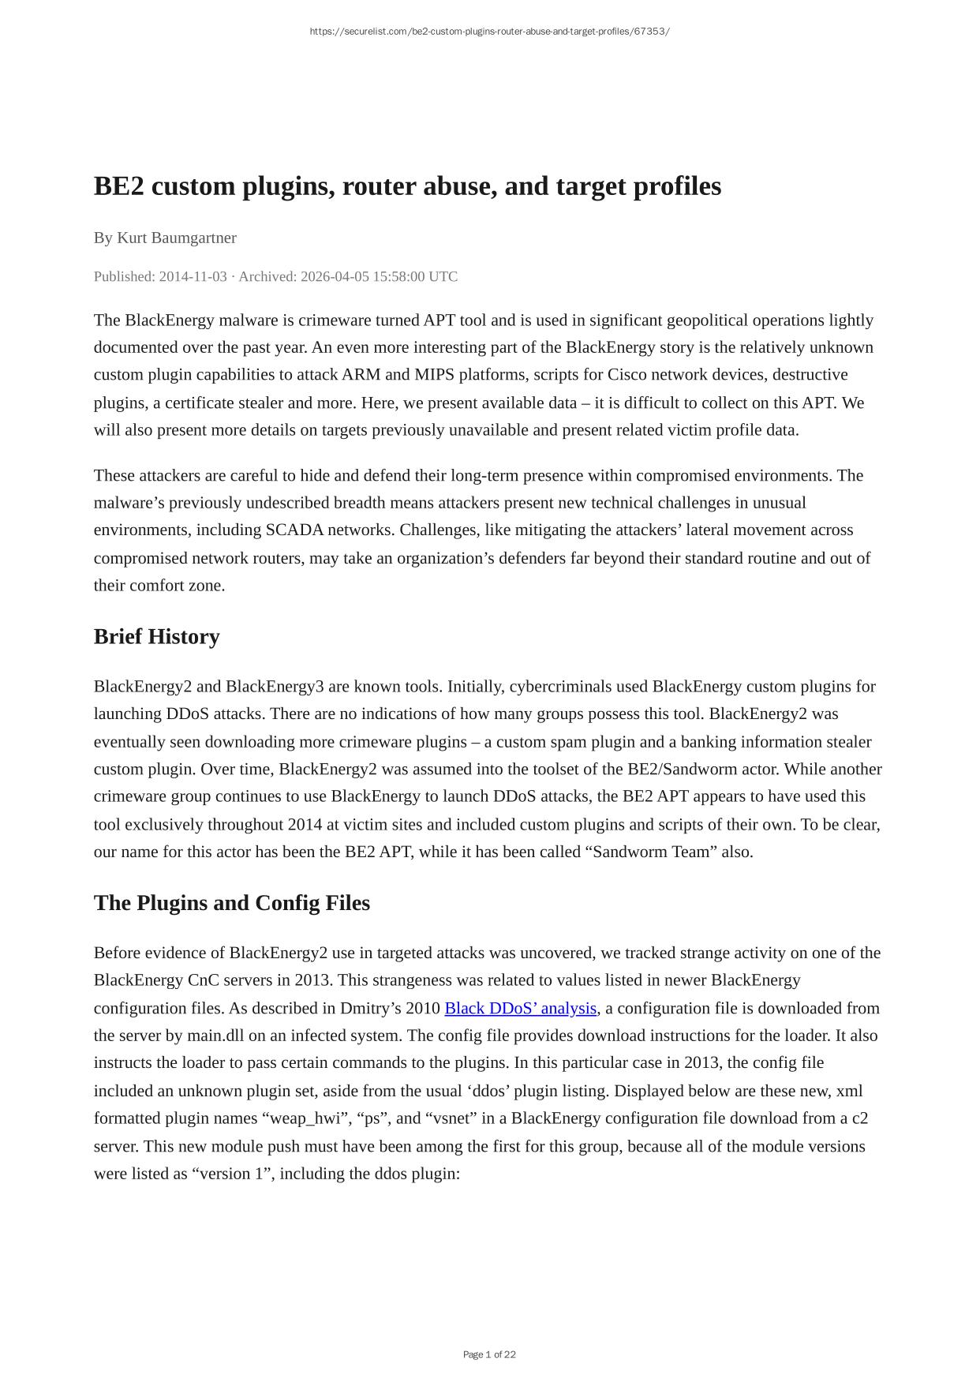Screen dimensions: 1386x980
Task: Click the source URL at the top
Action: (x=489, y=32)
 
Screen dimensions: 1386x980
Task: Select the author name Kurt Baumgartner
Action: (x=177, y=238)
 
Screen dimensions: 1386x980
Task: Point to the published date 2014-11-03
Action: (x=193, y=276)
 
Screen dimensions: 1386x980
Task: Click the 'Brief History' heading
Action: (x=156, y=636)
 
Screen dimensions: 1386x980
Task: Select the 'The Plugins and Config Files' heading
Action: (x=231, y=902)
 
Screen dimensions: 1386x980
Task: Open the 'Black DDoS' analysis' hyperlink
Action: (x=520, y=1008)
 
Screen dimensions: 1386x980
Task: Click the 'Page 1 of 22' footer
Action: (x=489, y=1354)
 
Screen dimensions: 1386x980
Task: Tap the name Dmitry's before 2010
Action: (x=372, y=1008)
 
